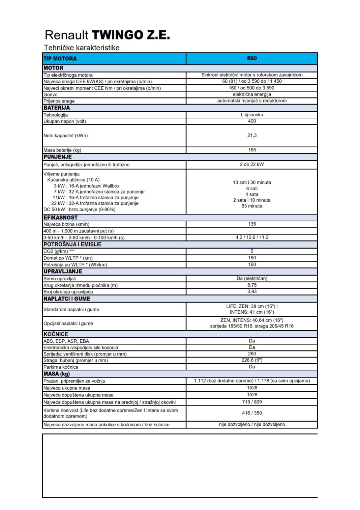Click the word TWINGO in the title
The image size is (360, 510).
click(x=117, y=35)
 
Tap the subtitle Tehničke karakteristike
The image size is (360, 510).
click(x=82, y=48)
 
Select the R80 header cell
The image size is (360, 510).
click(x=252, y=58)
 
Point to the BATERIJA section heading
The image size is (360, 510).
click(x=57, y=108)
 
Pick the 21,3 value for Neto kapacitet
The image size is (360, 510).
click(x=252, y=135)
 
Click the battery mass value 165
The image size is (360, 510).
click(x=252, y=150)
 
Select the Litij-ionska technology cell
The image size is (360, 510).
click(x=252, y=115)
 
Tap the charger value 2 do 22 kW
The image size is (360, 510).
click(x=252, y=164)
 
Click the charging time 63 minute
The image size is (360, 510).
click(x=252, y=206)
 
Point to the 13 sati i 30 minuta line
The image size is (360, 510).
click(x=252, y=182)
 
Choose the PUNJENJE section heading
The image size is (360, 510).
click(x=58, y=157)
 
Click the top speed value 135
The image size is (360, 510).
click(x=252, y=224)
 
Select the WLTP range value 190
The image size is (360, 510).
click(x=252, y=258)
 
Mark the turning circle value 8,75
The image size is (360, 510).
click(x=252, y=285)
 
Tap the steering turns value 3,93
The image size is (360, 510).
click(x=252, y=291)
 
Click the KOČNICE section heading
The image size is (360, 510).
click(x=56, y=334)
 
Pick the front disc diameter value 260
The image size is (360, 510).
click(x=252, y=354)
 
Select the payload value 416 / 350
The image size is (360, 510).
click(x=252, y=413)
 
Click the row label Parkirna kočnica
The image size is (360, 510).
click(x=61, y=367)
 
